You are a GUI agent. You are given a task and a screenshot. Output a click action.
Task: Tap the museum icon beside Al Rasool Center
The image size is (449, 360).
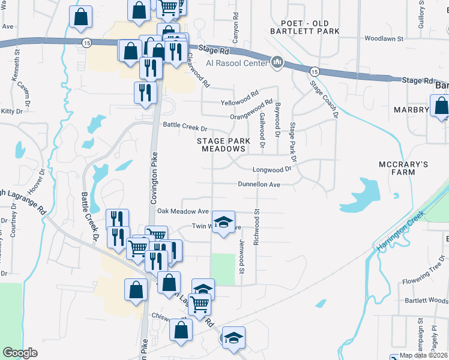pos(277,62)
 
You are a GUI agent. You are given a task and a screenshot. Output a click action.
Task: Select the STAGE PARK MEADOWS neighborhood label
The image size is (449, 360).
pos(223,145)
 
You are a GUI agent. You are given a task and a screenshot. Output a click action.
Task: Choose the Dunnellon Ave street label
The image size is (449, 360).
pos(259,184)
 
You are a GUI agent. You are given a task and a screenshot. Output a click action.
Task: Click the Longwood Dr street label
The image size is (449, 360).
pos(271,169)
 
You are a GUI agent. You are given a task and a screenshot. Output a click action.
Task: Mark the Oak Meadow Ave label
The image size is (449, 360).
pos(183,211)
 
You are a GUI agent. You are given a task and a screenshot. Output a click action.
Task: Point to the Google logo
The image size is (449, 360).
pos(20,353)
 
